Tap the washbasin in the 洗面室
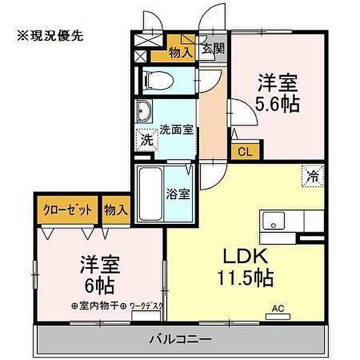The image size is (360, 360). coord(146,112)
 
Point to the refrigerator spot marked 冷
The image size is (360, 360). coord(313,176)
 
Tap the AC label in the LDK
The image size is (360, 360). coord(277,309)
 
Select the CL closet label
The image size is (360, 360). coord(244,151)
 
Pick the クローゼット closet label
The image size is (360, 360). coord(68,210)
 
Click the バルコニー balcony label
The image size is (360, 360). coord(184,340)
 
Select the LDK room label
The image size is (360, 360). coord(244,256)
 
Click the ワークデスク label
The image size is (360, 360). coord(146,305)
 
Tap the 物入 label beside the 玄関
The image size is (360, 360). coord(181,52)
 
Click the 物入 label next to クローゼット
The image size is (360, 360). coord(116,210)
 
